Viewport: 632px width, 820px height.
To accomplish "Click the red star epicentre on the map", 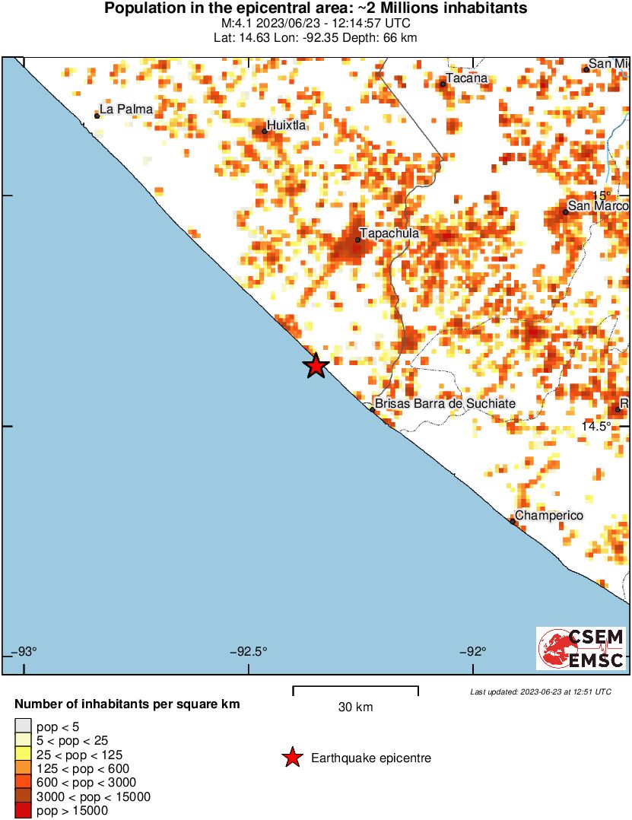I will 316,366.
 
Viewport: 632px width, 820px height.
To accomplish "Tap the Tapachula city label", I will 389,234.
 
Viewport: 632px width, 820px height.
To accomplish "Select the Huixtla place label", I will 287,126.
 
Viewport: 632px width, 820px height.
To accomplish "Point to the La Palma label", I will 126,110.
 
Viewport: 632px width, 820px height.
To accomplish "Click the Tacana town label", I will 466,78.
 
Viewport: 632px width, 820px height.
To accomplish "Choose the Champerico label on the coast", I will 549,516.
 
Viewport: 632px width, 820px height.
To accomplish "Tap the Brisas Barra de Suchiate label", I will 446,404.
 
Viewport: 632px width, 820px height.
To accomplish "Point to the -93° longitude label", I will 25,651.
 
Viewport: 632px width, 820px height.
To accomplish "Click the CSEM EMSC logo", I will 581,648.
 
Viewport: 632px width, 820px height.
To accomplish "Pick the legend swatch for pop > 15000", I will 23,811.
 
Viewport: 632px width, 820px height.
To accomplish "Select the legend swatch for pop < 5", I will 23,727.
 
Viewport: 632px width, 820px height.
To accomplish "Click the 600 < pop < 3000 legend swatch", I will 23,783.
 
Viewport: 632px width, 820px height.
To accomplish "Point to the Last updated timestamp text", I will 540,691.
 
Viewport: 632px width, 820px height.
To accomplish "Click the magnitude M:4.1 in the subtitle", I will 238,24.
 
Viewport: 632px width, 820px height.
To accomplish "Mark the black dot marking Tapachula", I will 357,240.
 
